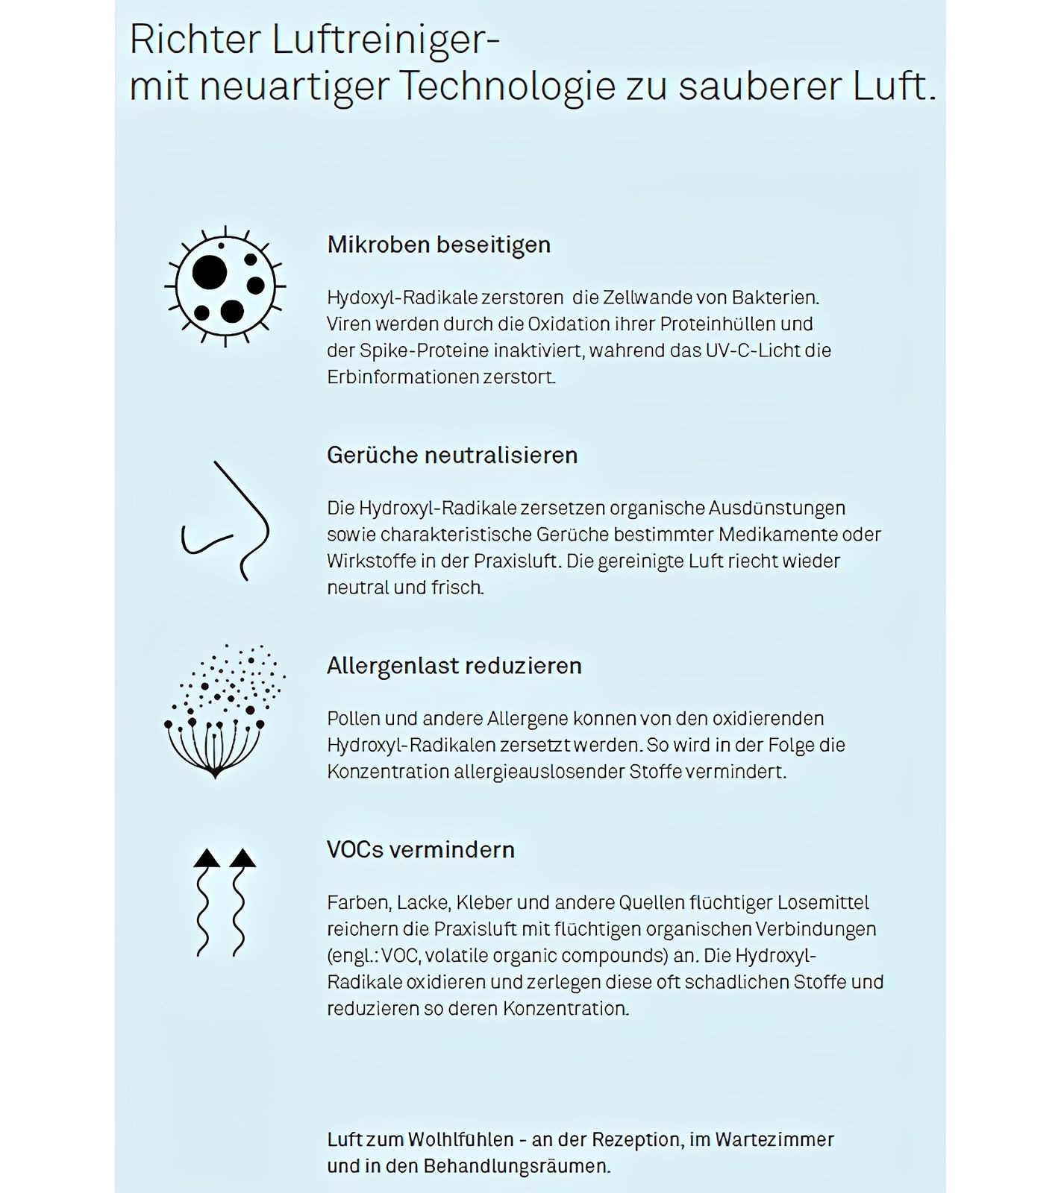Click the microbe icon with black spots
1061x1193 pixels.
[x=225, y=286]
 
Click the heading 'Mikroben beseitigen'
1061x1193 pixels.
[x=439, y=245]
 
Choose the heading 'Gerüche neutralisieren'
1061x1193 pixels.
[x=452, y=455]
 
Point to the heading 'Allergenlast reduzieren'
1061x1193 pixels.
[x=454, y=665]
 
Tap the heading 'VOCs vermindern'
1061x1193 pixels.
[x=421, y=849]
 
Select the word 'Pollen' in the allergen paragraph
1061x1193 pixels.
[x=352, y=719]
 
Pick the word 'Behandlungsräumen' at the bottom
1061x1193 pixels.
[x=517, y=1166]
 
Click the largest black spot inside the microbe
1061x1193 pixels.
[x=210, y=271]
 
